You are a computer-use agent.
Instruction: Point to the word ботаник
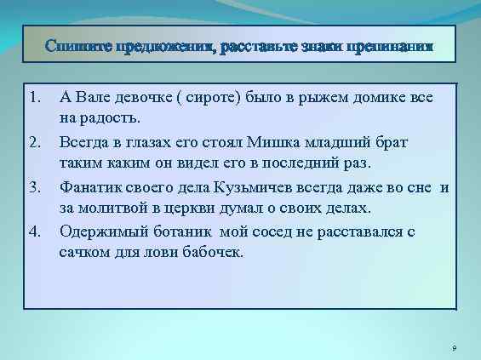[x=180, y=229]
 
